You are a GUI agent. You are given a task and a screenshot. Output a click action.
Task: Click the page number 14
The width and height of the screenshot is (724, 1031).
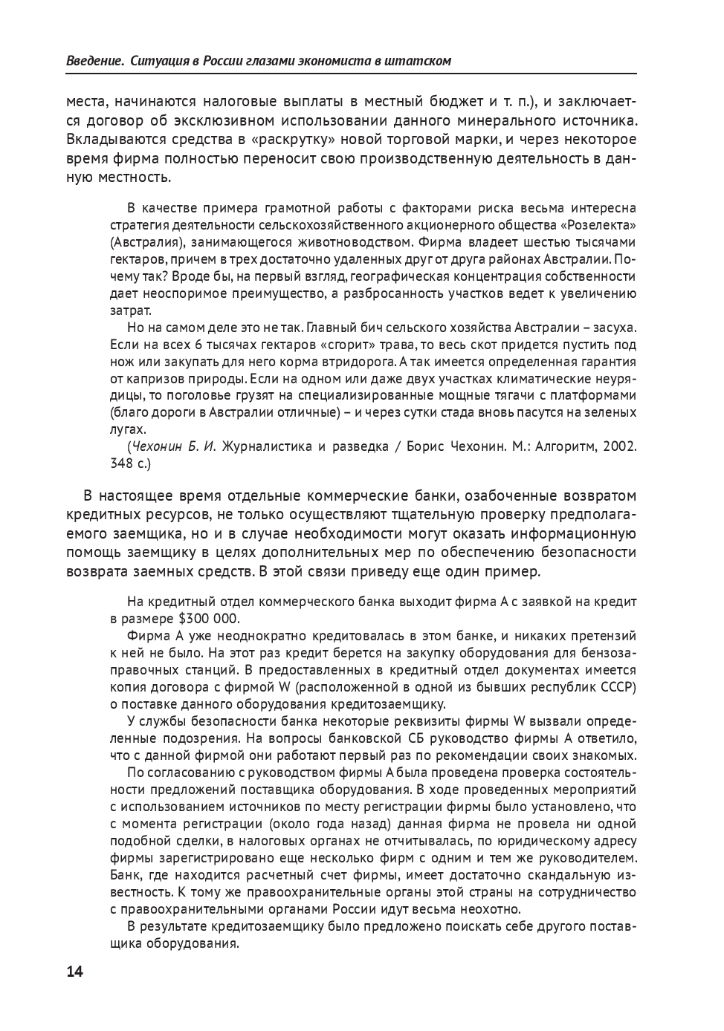click(x=75, y=972)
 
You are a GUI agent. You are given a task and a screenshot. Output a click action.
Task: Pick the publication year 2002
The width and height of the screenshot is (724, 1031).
click(x=619, y=446)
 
